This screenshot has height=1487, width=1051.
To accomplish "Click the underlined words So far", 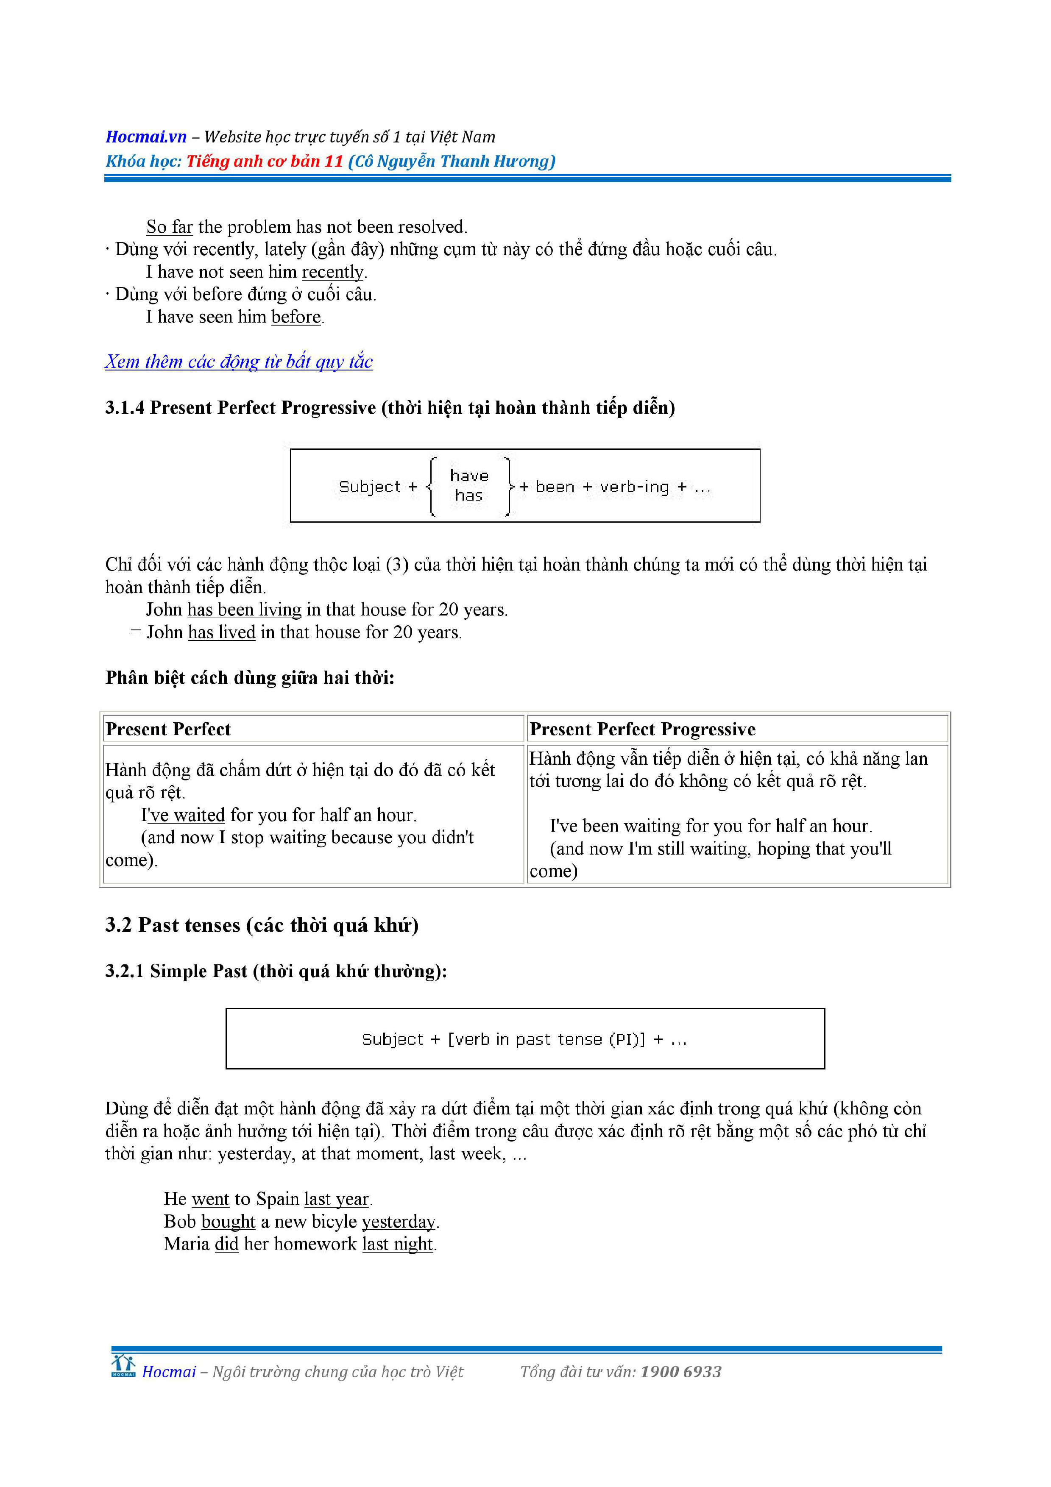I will pyautogui.click(x=169, y=227).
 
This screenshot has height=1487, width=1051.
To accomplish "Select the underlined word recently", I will pyautogui.click(x=333, y=272).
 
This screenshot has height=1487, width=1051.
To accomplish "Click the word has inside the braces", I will pyautogui.click(x=469, y=496).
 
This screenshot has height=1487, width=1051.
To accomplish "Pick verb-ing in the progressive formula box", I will pyautogui.click(x=634, y=487).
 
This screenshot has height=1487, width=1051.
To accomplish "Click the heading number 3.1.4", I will pyautogui.click(x=124, y=407).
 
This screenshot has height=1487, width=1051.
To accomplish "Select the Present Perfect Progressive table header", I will pyautogui.click(x=642, y=729).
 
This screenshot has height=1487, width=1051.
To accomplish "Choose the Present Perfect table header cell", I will pyautogui.click(x=168, y=729).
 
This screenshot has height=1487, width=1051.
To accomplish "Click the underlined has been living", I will pyautogui.click(x=244, y=610).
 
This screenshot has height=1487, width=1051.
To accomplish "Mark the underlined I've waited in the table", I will pyautogui.click(x=183, y=815).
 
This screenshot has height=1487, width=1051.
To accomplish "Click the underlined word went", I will pyautogui.click(x=210, y=1199).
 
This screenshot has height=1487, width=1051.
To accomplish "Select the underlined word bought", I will pyautogui.click(x=228, y=1222).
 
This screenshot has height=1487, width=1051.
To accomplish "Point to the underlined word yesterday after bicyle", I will pyautogui.click(x=398, y=1222).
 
